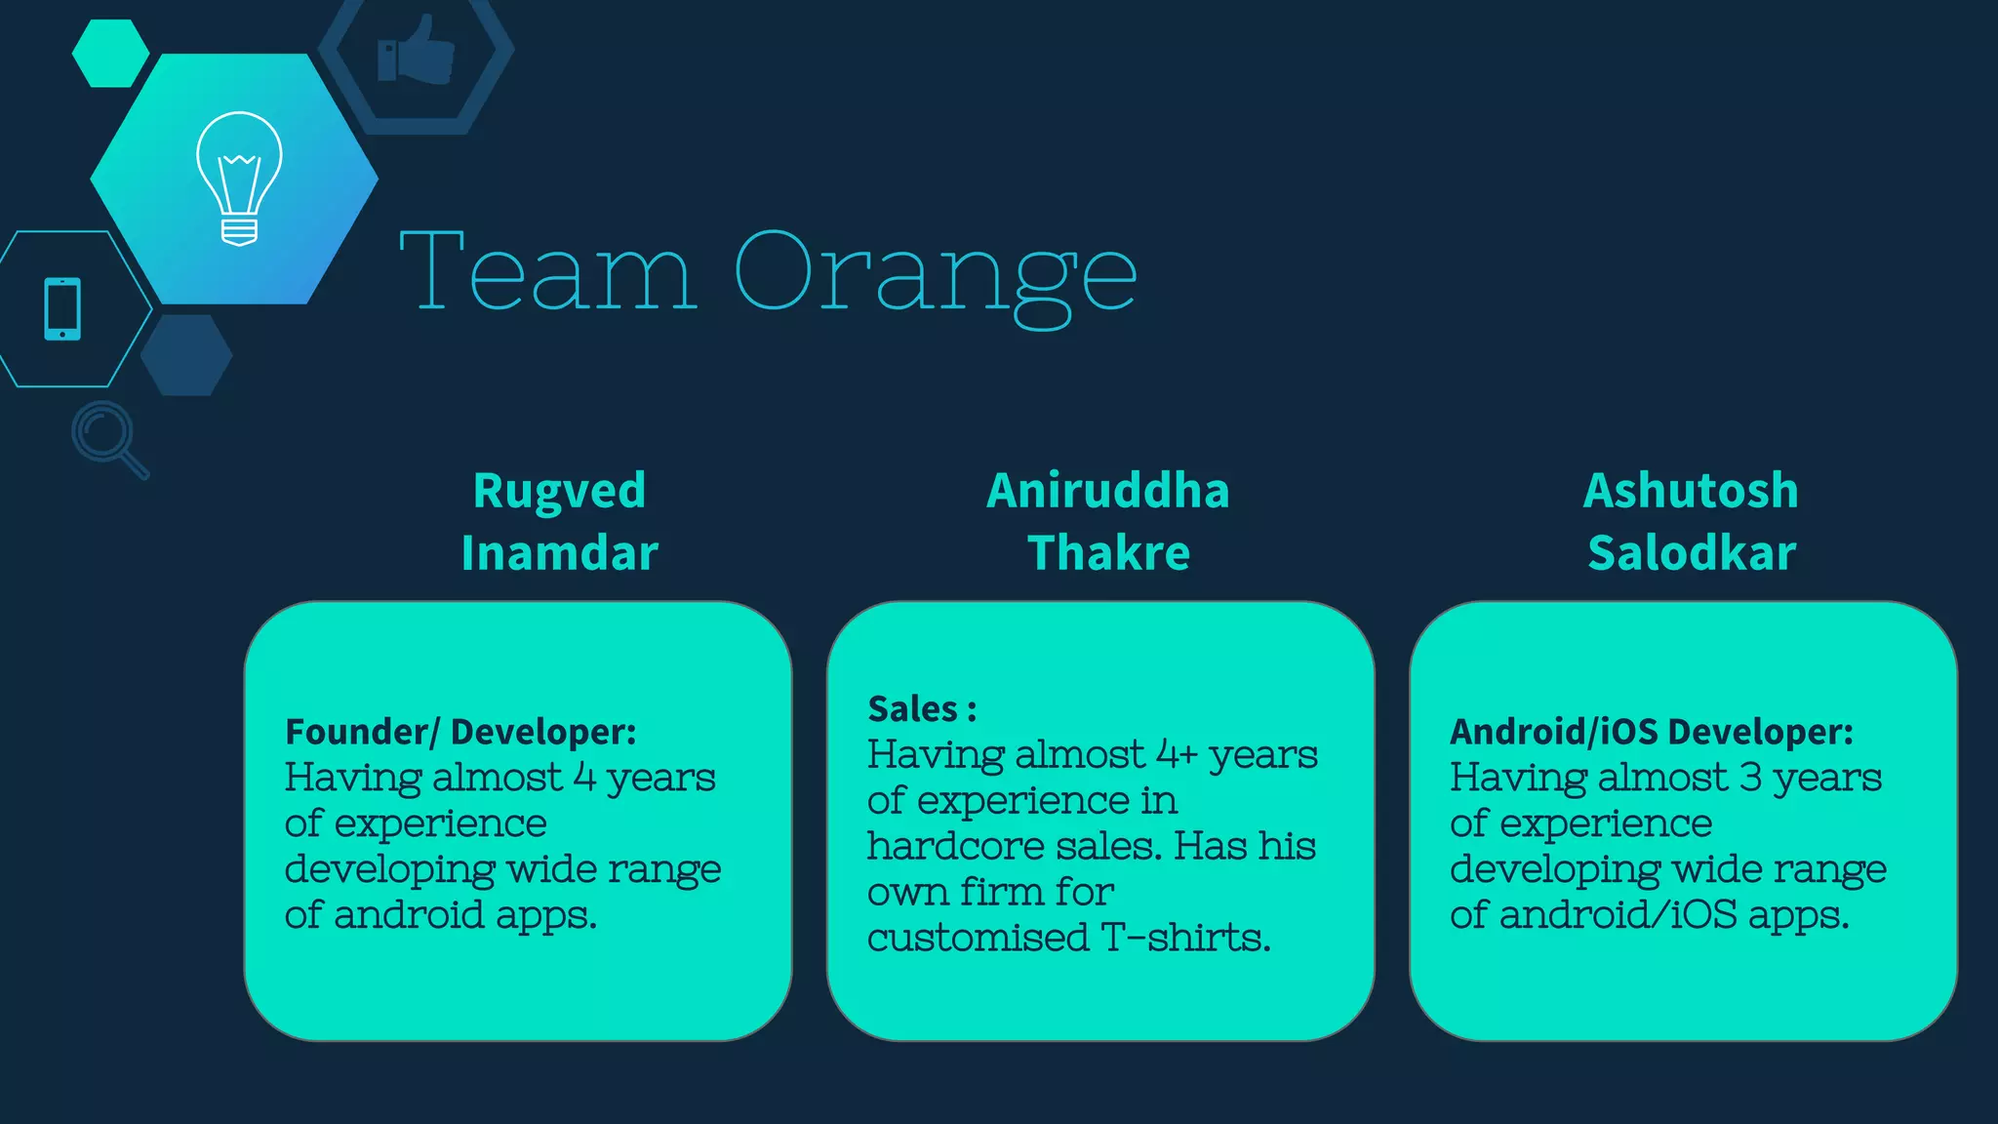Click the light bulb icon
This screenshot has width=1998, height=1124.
[x=239, y=178]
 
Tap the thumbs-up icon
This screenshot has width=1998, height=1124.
[x=417, y=51]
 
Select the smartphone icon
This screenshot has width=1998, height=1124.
[x=62, y=309]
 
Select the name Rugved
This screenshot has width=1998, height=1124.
[x=559, y=490]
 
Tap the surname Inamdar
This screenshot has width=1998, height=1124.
[x=559, y=553]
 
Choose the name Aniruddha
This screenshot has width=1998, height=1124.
[x=1107, y=490]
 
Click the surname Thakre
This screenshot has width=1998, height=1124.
[x=1108, y=553]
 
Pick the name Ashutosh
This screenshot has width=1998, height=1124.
[x=1691, y=490]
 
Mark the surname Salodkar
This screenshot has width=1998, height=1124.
[x=1691, y=553]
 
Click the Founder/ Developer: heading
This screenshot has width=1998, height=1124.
[x=460, y=732]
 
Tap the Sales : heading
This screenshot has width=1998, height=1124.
[x=922, y=709]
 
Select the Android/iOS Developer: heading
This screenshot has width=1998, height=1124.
[x=1651, y=732]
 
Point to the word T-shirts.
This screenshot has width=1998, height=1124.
[x=1185, y=938]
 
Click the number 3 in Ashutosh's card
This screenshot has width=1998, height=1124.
[x=1750, y=778]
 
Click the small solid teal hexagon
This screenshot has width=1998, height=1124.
[x=110, y=53]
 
